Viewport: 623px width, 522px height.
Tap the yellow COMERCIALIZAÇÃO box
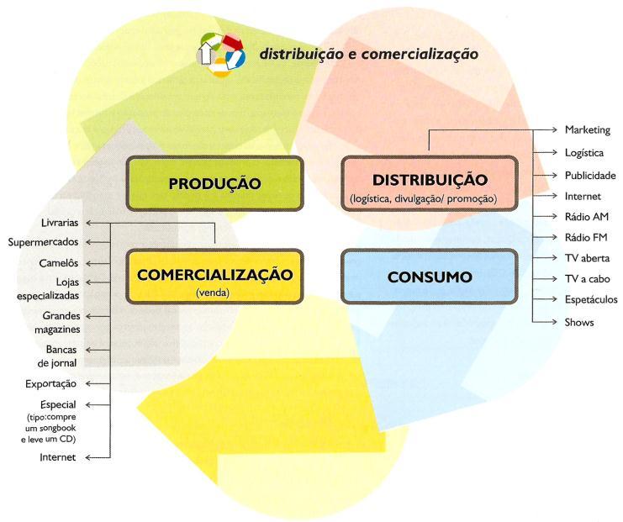[x=214, y=277]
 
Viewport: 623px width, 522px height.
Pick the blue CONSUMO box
[x=425, y=276]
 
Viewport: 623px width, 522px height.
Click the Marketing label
[x=587, y=130]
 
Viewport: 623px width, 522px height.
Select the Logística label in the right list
[x=584, y=153]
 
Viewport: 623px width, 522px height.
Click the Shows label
[x=579, y=322]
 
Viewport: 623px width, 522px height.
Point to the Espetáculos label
[x=591, y=299]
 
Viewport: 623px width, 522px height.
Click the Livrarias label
[x=59, y=223]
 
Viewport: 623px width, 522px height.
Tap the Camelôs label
[x=59, y=262]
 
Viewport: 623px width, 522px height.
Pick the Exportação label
[x=52, y=383]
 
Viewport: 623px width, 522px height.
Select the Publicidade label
[x=590, y=176]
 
